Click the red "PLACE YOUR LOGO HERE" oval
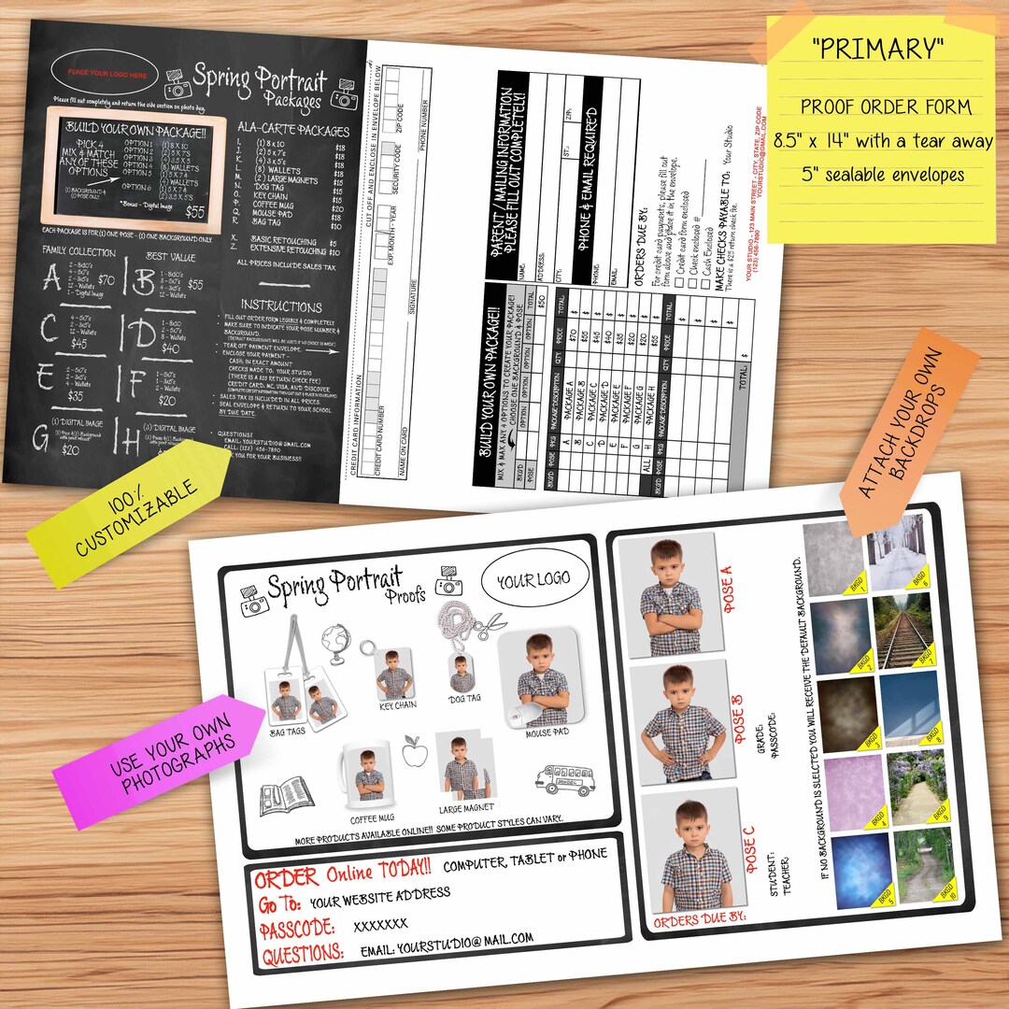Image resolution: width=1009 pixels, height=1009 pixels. point(111,73)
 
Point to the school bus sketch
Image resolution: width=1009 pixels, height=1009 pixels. point(565,776)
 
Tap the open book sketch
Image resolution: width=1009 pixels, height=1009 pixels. point(285,795)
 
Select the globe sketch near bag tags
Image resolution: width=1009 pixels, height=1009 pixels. point(334,644)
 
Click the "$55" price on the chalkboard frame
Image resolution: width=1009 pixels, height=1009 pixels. point(195,212)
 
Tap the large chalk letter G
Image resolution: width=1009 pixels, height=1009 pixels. point(41,438)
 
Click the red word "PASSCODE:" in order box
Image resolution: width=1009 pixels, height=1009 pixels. point(296,930)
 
